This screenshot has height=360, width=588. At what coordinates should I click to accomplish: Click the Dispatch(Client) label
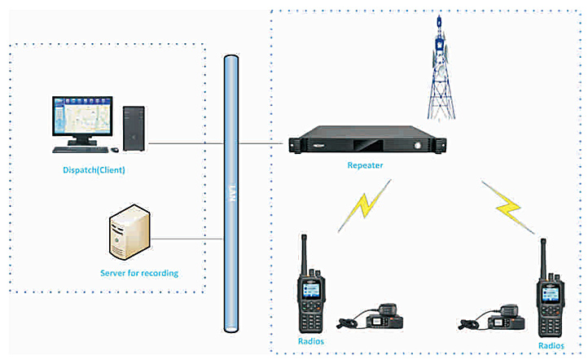pyautogui.click(x=94, y=170)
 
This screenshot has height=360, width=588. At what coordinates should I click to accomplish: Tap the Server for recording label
pyautogui.click(x=139, y=273)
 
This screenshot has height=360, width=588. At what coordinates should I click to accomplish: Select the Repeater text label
pyautogui.click(x=365, y=165)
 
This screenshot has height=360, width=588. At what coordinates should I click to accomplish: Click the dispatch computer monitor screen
pyautogui.click(x=82, y=115)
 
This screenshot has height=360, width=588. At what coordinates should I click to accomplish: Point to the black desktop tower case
pyautogui.click(x=134, y=129)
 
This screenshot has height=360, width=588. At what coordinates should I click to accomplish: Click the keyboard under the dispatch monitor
pyautogui.click(x=81, y=150)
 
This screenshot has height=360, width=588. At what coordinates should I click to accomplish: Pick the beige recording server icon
pyautogui.click(x=129, y=232)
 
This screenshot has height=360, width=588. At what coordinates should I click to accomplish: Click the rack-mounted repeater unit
pyautogui.click(x=367, y=140)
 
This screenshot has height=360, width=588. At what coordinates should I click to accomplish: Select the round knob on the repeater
pyautogui.click(x=417, y=146)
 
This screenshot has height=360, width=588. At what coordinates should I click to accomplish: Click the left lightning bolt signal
pyautogui.click(x=364, y=205)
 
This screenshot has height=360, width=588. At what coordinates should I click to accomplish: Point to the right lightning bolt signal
pyautogui.click(x=508, y=208)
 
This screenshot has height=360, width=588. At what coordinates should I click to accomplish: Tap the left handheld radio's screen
pyautogui.click(x=311, y=290)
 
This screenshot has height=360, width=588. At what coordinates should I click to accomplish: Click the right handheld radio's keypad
pyautogui.click(x=550, y=320)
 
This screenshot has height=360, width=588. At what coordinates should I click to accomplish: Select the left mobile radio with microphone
pyautogui.click(x=371, y=317)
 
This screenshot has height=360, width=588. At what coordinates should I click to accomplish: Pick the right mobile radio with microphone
pyautogui.click(x=491, y=318)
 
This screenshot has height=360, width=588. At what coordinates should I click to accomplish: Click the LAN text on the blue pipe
pyautogui.click(x=232, y=193)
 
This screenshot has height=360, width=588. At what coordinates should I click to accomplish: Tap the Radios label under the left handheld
pyautogui.click(x=311, y=341)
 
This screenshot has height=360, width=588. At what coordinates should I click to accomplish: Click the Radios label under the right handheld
pyautogui.click(x=551, y=346)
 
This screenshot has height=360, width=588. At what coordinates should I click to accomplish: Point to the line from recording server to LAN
pyautogui.click(x=187, y=239)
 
